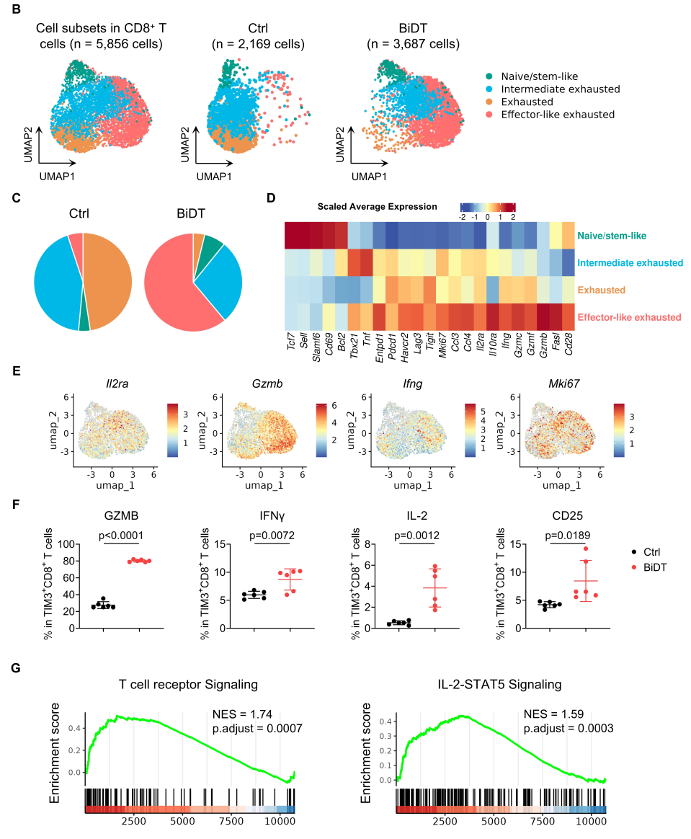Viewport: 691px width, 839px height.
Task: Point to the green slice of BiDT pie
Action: click(212, 246)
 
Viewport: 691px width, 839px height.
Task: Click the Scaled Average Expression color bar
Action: click(488, 207)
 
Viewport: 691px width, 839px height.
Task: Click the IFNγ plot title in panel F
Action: click(262, 515)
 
